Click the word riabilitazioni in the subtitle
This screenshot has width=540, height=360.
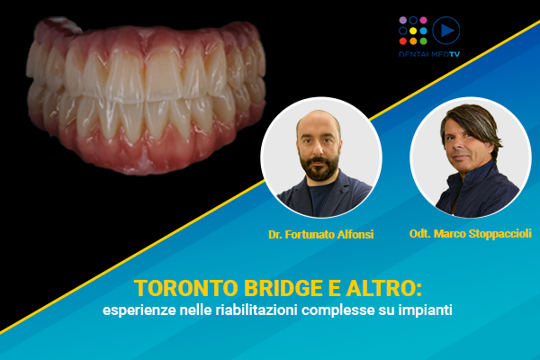click(x=256, y=310)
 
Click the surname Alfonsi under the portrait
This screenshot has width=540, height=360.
click(x=355, y=235)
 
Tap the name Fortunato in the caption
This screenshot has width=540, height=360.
click(x=310, y=235)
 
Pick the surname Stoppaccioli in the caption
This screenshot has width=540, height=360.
click(x=500, y=234)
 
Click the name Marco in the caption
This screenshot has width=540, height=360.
click(x=450, y=234)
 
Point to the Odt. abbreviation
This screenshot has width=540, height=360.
click(x=419, y=234)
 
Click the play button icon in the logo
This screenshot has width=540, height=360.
click(x=446, y=31)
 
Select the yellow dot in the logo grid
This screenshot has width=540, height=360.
click(x=413, y=31)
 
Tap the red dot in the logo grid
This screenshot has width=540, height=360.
click(x=403, y=41)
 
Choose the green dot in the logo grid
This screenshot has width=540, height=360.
click(x=424, y=41)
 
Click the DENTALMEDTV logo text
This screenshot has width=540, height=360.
click(x=429, y=54)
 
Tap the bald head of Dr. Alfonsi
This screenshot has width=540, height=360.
click(x=319, y=121)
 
